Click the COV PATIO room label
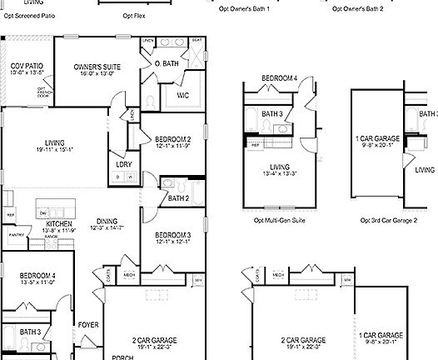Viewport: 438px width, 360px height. (27, 65)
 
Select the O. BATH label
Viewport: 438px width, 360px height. (167, 63)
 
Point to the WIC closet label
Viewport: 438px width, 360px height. (183, 94)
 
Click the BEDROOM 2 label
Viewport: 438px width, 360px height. (173, 139)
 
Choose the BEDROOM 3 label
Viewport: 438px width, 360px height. (173, 235)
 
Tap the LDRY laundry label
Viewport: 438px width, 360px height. (124, 164)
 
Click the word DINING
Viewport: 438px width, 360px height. (107, 221)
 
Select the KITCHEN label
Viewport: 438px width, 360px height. (61, 224)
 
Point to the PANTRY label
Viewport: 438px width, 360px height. (16, 235)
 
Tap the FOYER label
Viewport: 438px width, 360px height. (88, 324)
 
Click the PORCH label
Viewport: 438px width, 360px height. (123, 356)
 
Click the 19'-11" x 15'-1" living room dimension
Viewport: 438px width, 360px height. (55, 150)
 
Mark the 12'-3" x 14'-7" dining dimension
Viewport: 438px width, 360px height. (107, 227)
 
